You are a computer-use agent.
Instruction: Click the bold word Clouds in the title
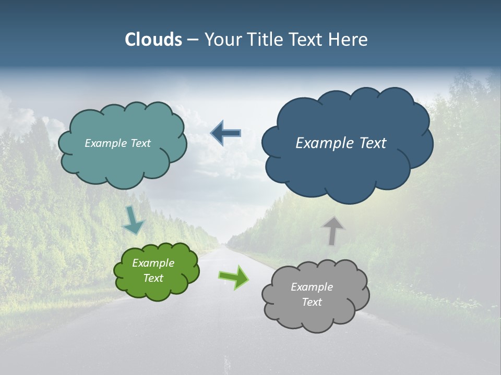tap(153, 40)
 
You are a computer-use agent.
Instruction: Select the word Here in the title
tap(348, 40)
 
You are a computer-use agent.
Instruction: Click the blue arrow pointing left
tap(226, 133)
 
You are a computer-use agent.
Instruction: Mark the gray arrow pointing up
tap(332, 230)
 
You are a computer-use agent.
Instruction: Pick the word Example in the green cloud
tap(153, 263)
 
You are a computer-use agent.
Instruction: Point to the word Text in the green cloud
tap(153, 278)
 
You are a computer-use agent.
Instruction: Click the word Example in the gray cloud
tap(312, 287)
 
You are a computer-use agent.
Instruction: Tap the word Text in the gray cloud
tap(312, 302)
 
